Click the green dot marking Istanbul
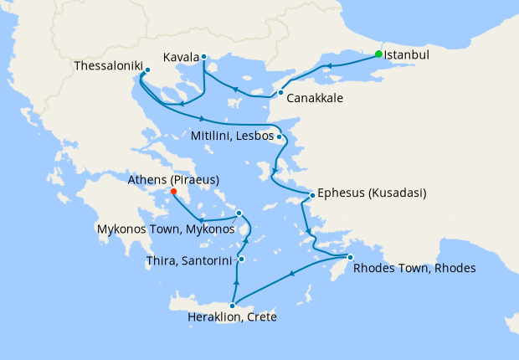[x=378, y=54]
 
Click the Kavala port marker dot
[x=203, y=58]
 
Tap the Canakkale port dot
[x=280, y=92]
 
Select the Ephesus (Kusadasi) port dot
[x=312, y=195]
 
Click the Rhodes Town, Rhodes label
[x=414, y=269]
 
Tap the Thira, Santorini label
[x=190, y=262]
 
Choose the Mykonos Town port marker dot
[x=239, y=213]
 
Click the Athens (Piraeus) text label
[x=174, y=179]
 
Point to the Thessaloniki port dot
[x=147, y=70]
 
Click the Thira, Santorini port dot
[x=240, y=260]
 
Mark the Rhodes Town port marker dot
[x=350, y=257]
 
